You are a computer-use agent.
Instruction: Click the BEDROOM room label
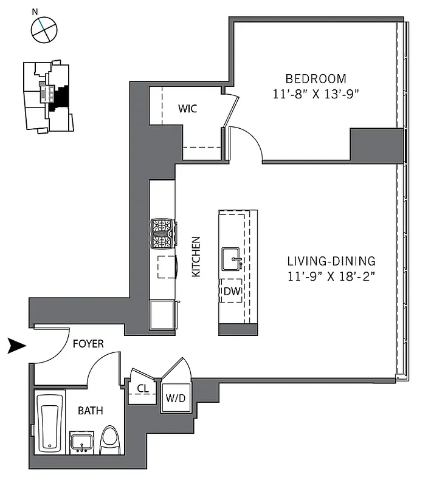pyautogui.click(x=316, y=78)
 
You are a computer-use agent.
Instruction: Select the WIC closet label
pyautogui.click(x=187, y=109)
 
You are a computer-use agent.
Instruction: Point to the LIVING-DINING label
pyautogui.click(x=331, y=261)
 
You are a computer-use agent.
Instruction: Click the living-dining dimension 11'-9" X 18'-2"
pyautogui.click(x=331, y=277)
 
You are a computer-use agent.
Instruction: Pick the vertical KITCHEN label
pyautogui.click(x=196, y=257)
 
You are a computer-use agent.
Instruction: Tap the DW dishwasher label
pyautogui.click(x=232, y=292)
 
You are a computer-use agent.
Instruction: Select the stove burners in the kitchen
pyautogui.click(x=163, y=234)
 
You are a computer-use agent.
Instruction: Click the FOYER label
pyautogui.click(x=88, y=344)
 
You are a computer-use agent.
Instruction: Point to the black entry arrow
pyautogui.click(x=17, y=346)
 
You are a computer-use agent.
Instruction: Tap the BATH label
pyautogui.click(x=90, y=411)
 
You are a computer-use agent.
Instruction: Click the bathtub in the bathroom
pyautogui.click(x=50, y=423)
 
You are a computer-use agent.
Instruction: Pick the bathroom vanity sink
pyautogui.click(x=81, y=442)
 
